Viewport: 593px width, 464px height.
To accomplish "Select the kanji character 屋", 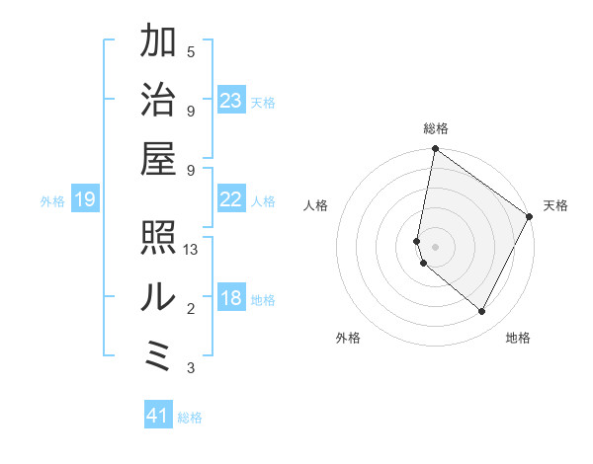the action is coord(158,158).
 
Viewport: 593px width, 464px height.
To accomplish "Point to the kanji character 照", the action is coord(158,237).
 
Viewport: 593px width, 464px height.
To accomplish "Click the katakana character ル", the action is coord(158,296).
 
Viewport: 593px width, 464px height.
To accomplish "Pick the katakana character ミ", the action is coord(158,354).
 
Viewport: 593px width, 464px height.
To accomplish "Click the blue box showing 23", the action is coord(231,100).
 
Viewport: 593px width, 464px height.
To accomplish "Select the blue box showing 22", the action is coord(231,199).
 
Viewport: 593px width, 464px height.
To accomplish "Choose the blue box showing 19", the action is coord(84,200).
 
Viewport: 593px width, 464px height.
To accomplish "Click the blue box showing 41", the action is coord(158,416).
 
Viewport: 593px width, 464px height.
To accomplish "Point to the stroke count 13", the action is coord(192,250).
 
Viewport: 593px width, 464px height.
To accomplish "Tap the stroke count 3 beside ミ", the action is coord(191,368).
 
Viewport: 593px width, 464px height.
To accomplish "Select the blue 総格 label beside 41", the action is coord(190,418).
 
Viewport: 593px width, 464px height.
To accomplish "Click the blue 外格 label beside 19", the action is coord(52,201).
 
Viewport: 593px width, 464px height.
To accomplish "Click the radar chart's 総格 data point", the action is coord(435,150).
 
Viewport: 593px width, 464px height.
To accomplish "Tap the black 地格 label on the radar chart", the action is coord(518,339).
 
